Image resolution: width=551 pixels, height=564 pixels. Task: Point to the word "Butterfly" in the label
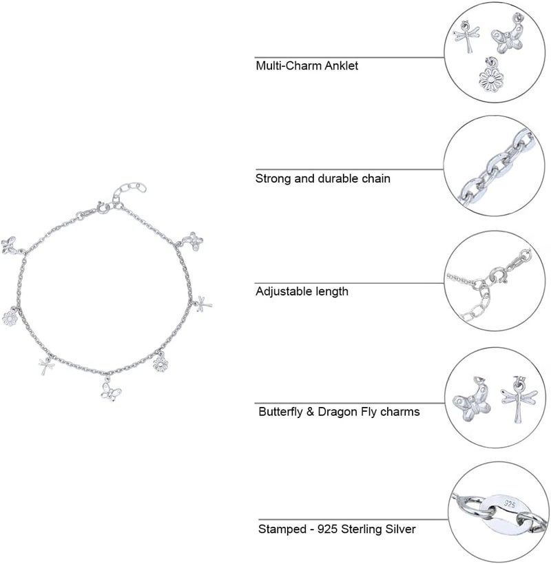pos(280,412)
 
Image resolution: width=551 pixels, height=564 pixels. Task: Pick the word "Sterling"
pos(362,530)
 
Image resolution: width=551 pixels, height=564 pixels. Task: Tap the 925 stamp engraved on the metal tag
pos(510,504)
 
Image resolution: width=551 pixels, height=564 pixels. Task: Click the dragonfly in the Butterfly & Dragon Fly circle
pos(519,399)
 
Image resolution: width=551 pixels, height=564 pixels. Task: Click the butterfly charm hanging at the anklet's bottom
pos(110,390)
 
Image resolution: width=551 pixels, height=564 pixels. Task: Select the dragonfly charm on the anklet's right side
pos(202,304)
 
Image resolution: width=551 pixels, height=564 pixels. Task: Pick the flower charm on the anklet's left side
pos(10,317)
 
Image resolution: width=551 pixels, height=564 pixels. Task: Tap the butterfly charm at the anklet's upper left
pos(10,246)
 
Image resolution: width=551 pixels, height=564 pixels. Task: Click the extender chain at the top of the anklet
pos(129,190)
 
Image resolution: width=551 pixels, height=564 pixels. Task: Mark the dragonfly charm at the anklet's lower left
pos(46,366)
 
